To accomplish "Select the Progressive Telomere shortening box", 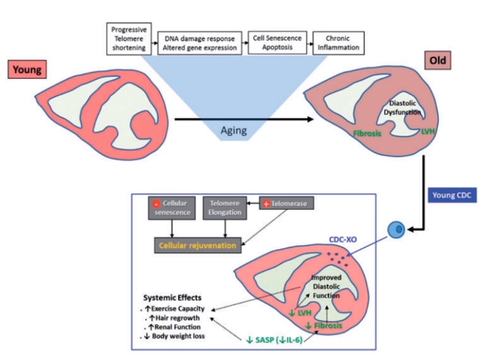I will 128,38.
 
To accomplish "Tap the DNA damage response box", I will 200,43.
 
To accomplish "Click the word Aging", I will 235,130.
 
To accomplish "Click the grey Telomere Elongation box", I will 223,208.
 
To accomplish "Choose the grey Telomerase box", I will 288,205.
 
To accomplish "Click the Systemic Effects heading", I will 172,298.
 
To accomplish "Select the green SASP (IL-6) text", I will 280,341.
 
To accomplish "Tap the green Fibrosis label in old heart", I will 367,133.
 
